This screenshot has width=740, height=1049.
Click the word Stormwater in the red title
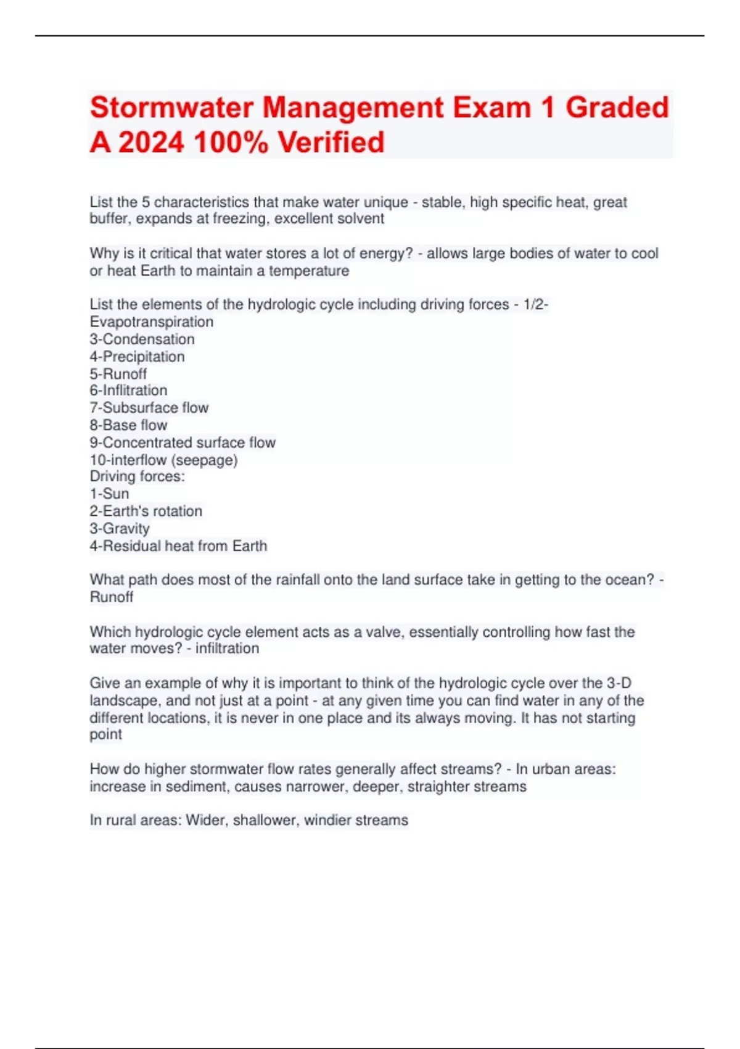(172, 107)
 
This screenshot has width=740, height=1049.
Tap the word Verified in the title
(331, 142)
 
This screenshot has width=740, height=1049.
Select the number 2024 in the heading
(151, 142)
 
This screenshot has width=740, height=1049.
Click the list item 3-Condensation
(142, 339)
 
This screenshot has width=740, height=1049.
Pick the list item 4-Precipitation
(137, 357)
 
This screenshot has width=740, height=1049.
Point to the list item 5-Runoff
(118, 374)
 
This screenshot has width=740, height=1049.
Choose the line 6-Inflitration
(128, 391)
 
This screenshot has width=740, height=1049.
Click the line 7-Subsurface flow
(149, 408)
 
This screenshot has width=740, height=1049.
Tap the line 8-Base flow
(128, 425)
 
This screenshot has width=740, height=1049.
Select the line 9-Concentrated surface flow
(183, 442)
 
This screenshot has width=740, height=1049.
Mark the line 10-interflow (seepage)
(163, 460)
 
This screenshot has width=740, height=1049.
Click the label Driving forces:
(137, 476)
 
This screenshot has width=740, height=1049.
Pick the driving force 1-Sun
(109, 494)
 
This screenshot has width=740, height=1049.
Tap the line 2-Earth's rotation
(146, 511)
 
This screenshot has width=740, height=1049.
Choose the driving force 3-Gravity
(120, 528)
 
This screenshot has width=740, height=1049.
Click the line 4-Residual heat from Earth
(178, 546)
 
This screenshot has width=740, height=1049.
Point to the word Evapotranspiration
(152, 322)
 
